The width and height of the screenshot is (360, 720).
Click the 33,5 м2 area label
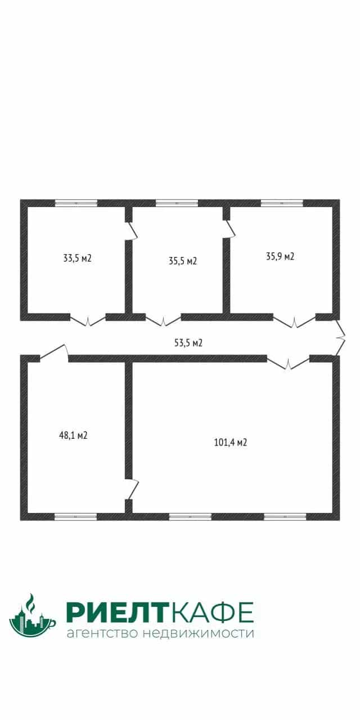(x=78, y=258)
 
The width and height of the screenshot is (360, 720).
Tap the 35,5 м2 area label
(x=183, y=260)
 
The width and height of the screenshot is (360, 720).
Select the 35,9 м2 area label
(x=280, y=256)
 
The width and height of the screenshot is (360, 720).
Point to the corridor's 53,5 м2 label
(x=188, y=343)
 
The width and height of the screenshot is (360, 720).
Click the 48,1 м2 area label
(x=74, y=435)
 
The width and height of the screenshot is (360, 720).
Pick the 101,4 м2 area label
(x=231, y=442)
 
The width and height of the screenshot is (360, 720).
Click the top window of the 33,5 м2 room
(x=76, y=203)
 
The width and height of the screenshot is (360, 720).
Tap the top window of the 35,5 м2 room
(x=177, y=203)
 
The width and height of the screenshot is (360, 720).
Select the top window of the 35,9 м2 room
(x=282, y=203)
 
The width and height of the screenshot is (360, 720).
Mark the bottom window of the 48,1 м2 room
(x=75, y=516)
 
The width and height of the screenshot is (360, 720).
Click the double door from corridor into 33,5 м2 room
(x=88, y=320)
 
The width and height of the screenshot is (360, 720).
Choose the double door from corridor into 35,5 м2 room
(x=163, y=320)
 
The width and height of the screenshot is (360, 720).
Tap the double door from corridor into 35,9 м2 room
(x=294, y=321)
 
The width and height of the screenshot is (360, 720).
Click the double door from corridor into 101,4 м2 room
(x=288, y=363)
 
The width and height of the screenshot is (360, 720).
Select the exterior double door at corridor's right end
(x=340, y=337)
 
